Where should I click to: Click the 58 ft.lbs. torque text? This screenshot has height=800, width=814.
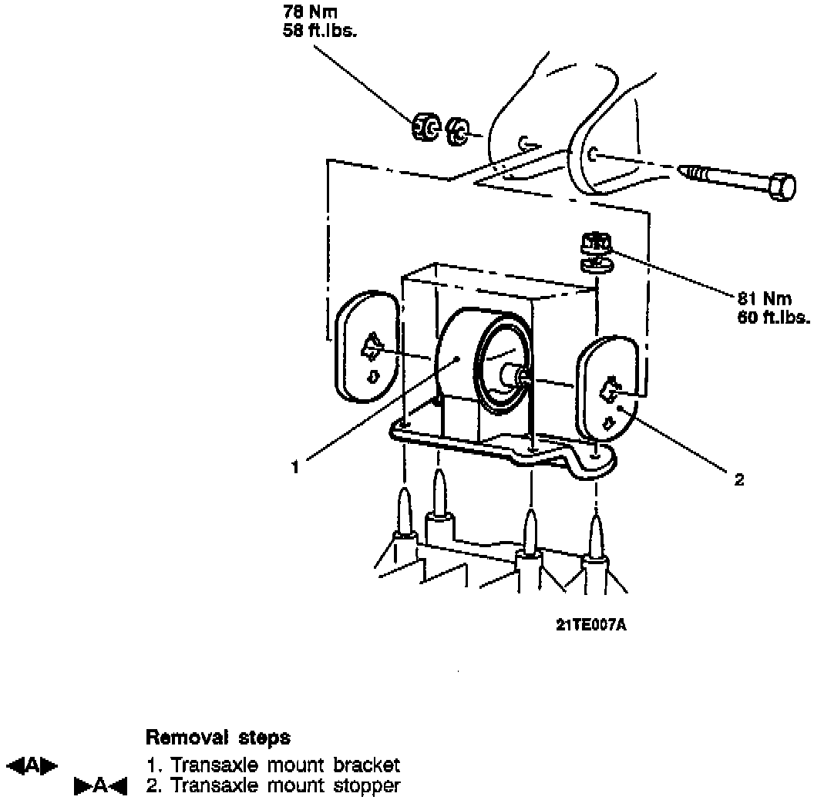pyautogui.click(x=319, y=32)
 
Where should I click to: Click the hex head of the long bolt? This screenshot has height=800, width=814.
pyautogui.click(x=782, y=187)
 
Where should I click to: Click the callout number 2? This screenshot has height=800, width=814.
pyautogui.click(x=739, y=480)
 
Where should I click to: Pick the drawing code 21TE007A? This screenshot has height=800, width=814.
pyautogui.click(x=590, y=625)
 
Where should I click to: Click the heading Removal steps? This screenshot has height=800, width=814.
pyautogui.click(x=218, y=738)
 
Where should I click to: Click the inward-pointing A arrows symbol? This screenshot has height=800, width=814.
pyautogui.click(x=100, y=786)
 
